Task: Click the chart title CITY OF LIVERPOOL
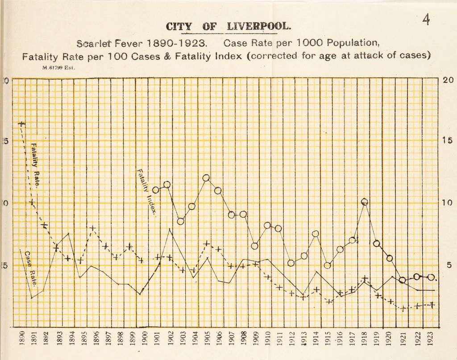(228, 27)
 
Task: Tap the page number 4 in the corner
(426, 20)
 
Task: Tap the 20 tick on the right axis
(448, 80)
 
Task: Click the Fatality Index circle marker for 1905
(206, 178)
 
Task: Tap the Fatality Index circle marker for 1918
(365, 202)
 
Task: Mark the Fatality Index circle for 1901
(156, 190)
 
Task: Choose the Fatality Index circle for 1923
(431, 277)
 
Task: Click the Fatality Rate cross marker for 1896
(92, 228)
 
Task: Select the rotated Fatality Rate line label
(36, 165)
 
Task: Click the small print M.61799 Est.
(58, 68)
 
